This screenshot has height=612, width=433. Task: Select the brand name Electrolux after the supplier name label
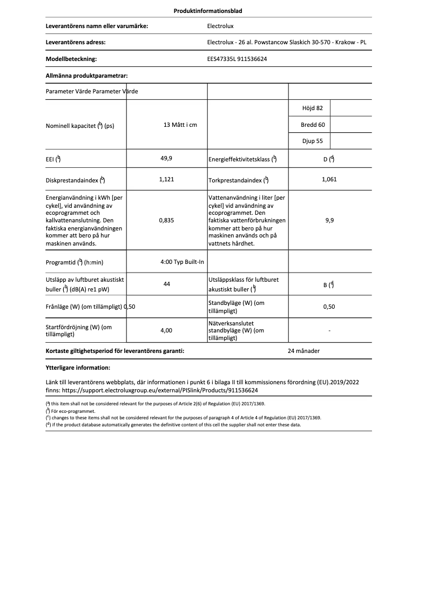point(220,25)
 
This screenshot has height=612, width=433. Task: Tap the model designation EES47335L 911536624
point(237,59)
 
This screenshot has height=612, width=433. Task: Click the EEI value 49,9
point(166,159)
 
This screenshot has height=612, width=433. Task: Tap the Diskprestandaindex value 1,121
point(166,179)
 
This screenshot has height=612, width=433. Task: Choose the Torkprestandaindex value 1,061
point(329,179)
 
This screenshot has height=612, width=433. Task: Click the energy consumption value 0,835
point(166,220)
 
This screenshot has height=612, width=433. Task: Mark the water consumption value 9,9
point(329,220)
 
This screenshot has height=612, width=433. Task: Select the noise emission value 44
point(166,284)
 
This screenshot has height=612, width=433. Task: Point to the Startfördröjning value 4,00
point(166,330)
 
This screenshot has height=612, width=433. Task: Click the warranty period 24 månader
point(304,351)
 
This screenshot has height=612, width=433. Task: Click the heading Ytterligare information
point(78,368)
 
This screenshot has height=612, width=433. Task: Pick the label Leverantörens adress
point(76,42)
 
